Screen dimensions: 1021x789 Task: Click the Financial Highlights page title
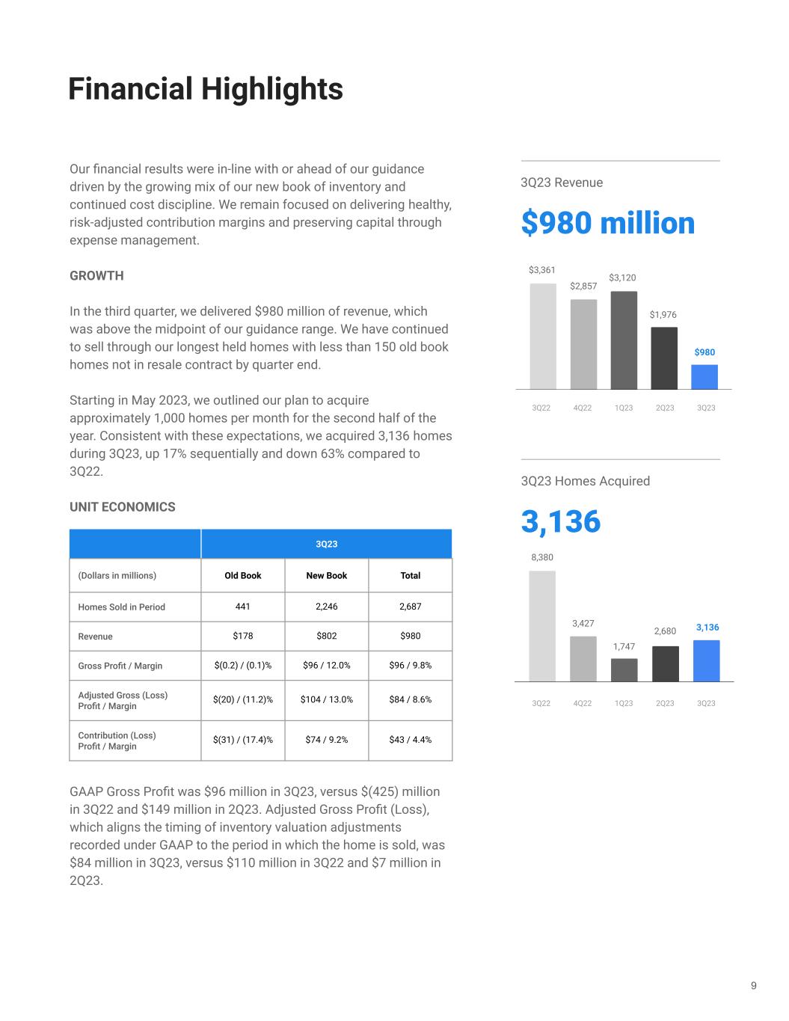tap(205, 89)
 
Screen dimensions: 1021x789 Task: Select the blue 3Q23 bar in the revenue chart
tap(704, 377)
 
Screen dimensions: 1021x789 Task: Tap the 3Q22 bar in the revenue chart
tap(543, 336)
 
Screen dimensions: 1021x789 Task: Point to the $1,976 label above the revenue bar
tap(663, 315)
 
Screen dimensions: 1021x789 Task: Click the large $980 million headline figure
tap(607, 223)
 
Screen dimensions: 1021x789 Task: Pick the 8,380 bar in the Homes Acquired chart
tap(542, 626)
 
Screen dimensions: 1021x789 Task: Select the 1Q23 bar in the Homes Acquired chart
tap(624, 669)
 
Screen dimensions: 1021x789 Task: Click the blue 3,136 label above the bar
tap(707, 628)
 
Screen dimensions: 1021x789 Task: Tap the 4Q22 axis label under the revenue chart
tap(582, 408)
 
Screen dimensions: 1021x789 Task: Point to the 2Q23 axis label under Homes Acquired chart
tap(664, 703)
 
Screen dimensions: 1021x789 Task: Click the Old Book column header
tap(243, 575)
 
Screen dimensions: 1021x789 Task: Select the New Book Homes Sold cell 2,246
tap(327, 607)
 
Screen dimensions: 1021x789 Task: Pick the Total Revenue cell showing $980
tap(410, 636)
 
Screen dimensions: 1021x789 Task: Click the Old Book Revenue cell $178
tap(243, 636)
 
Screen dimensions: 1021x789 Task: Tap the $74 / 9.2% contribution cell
tap(327, 740)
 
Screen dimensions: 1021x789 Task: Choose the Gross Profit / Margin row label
tap(120, 666)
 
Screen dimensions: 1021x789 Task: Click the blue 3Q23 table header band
tap(326, 544)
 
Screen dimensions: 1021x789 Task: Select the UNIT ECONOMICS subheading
tap(123, 507)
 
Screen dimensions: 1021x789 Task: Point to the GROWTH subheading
tap(96, 276)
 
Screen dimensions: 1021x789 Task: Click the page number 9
tap(754, 985)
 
